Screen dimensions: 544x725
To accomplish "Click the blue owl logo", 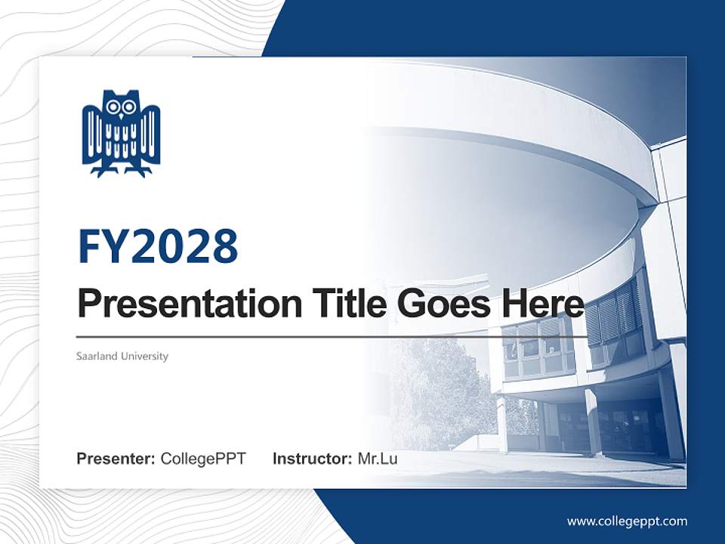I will [121, 133].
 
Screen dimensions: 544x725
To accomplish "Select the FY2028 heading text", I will [158, 246].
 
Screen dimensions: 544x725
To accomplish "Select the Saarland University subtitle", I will [122, 356].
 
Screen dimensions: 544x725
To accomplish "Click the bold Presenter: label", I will [116, 459].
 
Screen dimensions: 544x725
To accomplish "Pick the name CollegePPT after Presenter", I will [203, 459].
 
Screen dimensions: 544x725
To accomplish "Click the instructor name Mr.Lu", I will [377, 459].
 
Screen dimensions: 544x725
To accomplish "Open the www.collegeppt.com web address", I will [627, 521].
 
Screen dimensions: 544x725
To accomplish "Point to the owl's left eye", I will [113, 107].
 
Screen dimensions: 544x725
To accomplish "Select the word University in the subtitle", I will [143, 356].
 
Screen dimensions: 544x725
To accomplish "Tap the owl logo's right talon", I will [137, 171].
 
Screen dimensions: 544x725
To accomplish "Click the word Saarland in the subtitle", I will [97, 356].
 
